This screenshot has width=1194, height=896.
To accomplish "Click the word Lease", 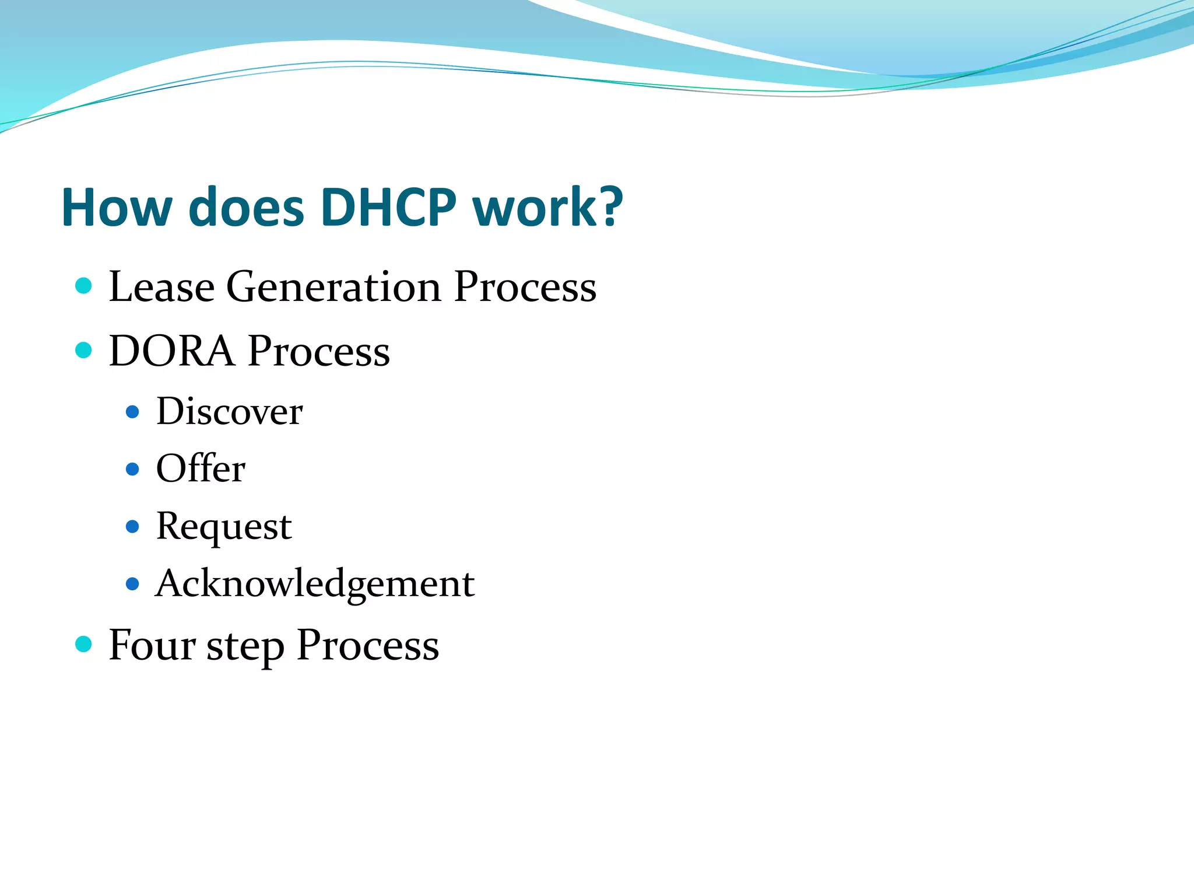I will [161, 286].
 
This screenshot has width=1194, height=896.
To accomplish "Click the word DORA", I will [171, 351].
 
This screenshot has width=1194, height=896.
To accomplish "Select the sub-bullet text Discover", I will [229, 412].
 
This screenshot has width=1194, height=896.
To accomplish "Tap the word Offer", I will [201, 468].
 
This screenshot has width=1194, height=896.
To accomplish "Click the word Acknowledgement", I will [315, 583].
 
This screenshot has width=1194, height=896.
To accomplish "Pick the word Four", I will [152, 645].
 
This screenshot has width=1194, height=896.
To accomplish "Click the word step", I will [245, 647].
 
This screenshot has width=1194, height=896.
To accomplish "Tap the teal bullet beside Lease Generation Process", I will [84, 286].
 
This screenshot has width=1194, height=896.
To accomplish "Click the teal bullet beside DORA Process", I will [84, 350].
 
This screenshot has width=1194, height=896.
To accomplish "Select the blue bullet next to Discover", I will [133, 412].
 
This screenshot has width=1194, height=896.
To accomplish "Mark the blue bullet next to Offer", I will [133, 469].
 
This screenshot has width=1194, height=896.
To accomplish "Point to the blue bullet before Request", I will [133, 527].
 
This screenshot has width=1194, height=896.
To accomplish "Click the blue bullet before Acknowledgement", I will [133, 583].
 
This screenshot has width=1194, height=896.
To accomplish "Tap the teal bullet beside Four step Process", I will [84, 644].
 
